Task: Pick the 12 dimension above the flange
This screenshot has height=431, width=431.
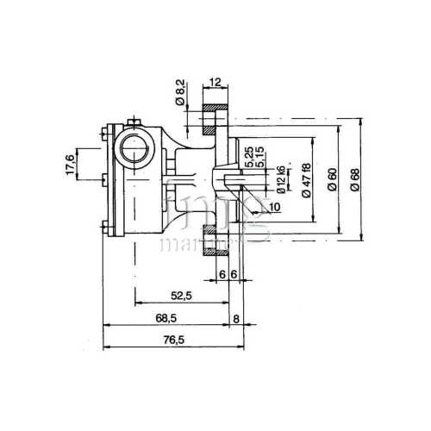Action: coord(215,82)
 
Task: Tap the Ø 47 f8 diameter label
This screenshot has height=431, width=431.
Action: coord(307,181)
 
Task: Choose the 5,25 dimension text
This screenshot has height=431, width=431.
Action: coord(248,158)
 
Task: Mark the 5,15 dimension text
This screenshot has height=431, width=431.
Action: coord(260,158)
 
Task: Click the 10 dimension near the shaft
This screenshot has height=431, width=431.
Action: coord(275,207)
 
